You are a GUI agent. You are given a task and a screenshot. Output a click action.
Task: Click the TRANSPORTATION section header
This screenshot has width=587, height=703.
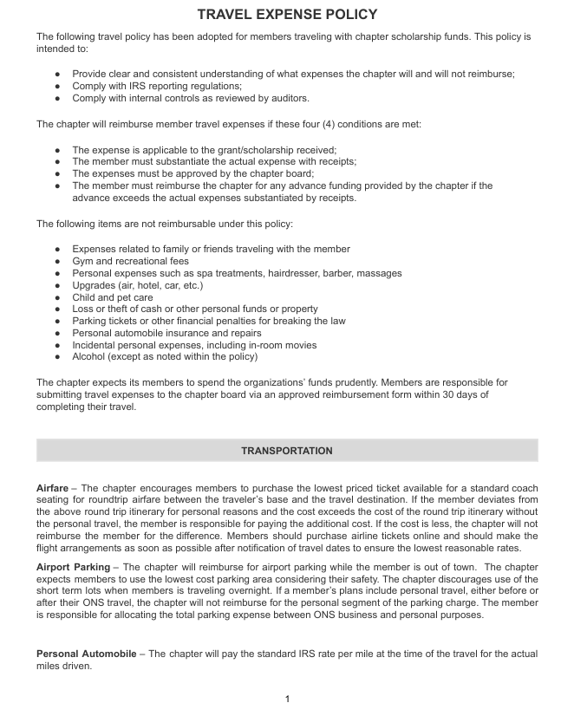click(287, 451)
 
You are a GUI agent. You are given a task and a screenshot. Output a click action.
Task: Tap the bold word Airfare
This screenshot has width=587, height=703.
click(53, 488)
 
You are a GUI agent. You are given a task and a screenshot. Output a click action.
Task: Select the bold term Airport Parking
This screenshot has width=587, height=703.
click(73, 567)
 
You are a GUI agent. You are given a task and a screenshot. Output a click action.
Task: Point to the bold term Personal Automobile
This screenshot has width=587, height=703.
click(85, 653)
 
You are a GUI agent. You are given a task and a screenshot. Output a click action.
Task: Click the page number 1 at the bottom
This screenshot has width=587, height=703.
click(287, 698)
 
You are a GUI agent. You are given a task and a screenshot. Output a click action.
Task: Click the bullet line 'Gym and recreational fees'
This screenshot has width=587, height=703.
click(130, 261)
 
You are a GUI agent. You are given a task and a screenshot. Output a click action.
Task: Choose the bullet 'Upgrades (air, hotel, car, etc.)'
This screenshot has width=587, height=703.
click(137, 285)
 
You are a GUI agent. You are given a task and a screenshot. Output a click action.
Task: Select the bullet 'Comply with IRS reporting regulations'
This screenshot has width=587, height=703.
click(157, 87)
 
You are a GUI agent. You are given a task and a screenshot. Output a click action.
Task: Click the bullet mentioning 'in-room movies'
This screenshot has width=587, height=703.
click(194, 345)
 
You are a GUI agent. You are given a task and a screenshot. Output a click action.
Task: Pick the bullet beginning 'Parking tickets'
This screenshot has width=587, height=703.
click(208, 321)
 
